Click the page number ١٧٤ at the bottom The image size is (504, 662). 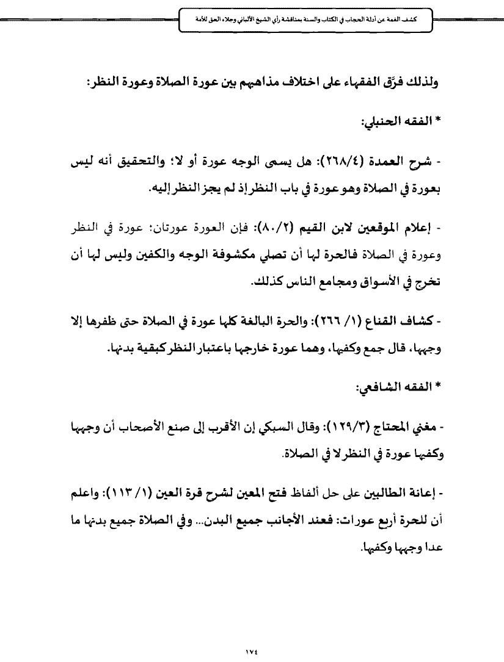point(252,634)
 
